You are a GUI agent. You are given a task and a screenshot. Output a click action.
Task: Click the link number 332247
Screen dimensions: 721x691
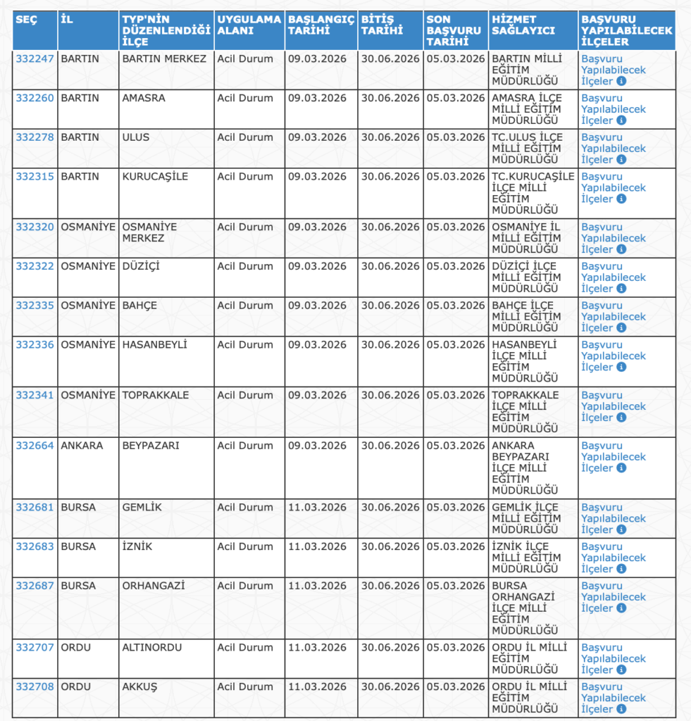tap(35, 59)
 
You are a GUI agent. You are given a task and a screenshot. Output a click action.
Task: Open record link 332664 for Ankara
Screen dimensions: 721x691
tap(35, 446)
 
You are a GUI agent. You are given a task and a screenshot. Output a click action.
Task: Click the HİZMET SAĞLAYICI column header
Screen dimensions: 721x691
tap(523, 25)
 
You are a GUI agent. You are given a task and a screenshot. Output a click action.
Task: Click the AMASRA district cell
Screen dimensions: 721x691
tap(144, 99)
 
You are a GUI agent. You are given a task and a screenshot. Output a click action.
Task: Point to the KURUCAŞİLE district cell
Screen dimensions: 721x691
tap(155, 177)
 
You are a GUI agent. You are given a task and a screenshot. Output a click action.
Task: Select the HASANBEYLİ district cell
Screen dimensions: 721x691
tap(154, 345)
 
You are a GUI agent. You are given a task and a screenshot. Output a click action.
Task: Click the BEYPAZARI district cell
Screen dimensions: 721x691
tap(151, 446)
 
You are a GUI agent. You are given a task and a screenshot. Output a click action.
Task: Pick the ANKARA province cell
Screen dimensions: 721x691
tap(82, 446)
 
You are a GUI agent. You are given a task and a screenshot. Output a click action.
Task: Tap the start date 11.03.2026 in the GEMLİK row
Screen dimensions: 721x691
tap(317, 508)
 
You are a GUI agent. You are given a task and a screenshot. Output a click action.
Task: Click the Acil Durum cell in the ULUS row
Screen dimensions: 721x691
tap(245, 137)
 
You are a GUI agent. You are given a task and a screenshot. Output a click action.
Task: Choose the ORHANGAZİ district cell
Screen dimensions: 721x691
tap(154, 586)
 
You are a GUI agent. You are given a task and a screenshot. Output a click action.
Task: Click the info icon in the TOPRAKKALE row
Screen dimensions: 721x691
tap(621, 418)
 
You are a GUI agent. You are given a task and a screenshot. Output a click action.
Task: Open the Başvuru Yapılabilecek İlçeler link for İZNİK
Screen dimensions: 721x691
tap(613, 558)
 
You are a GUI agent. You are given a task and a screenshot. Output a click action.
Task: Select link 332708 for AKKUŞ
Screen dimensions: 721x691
tap(35, 687)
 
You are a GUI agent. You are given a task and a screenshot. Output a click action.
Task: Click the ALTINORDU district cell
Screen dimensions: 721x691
tap(152, 648)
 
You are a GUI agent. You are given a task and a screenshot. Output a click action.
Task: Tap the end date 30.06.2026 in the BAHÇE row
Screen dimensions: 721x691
tap(390, 306)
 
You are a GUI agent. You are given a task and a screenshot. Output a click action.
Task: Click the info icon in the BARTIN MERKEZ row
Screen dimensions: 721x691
tap(621, 82)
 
